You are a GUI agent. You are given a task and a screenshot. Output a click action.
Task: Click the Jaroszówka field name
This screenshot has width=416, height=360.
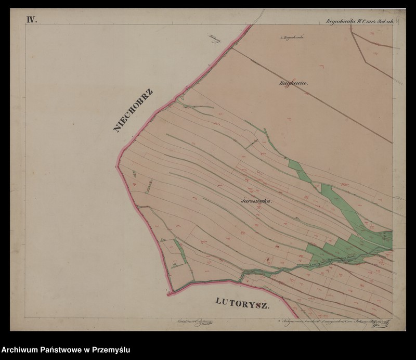click(257, 200)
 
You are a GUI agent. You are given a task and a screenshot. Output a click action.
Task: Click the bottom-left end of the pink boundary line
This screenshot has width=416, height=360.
click(168, 294)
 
